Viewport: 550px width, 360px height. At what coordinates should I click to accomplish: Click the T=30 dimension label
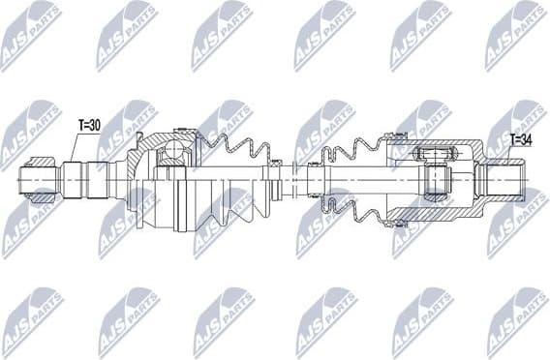coord(89,124)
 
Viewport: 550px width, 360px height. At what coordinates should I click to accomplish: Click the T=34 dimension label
coord(521,139)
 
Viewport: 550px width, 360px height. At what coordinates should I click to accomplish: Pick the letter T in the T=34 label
coord(511,139)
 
